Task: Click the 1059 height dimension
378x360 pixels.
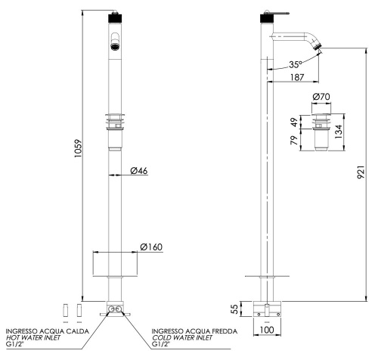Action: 79,149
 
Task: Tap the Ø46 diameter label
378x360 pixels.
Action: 139,171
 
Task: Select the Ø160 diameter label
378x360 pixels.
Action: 151,247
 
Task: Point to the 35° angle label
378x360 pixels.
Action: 295,64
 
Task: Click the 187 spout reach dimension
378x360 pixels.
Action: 297,77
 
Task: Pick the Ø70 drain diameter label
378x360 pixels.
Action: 321,97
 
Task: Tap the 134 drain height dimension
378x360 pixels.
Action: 338,132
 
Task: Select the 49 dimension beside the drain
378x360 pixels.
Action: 294,122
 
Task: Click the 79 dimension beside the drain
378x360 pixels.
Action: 294,140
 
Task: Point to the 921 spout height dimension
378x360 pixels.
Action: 361,172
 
